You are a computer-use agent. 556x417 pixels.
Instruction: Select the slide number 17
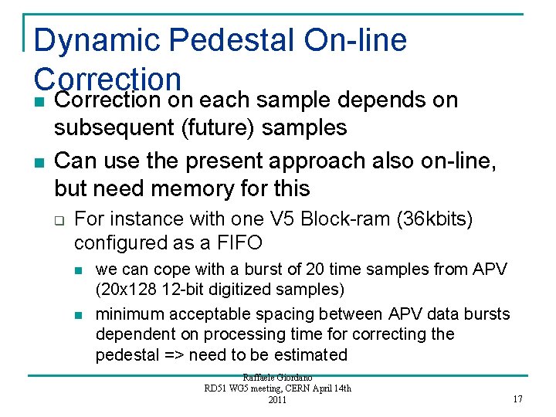click(517, 398)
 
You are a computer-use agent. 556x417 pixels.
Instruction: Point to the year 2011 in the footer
click(277, 400)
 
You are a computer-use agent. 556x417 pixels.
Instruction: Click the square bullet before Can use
click(39, 162)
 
